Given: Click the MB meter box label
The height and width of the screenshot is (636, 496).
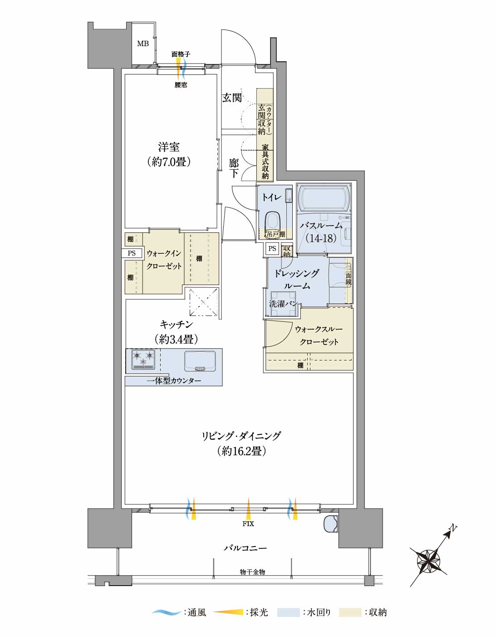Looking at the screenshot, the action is click(143, 44).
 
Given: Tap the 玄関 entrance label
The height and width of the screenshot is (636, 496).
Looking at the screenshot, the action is click(232, 98).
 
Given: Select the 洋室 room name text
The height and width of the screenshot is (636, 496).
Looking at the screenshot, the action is click(169, 147).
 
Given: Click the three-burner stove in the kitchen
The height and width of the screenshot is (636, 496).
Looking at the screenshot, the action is click(143, 359).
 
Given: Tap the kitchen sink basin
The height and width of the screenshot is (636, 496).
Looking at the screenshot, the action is click(200, 360).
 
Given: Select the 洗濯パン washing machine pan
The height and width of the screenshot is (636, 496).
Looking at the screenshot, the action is click(283, 304).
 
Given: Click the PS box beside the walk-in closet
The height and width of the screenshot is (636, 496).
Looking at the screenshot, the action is click(132, 253).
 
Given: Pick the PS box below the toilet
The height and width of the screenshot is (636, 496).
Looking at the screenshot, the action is click(272, 248).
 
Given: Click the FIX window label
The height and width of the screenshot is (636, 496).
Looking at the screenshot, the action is click(248, 523).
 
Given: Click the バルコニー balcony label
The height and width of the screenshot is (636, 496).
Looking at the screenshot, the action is click(245, 547).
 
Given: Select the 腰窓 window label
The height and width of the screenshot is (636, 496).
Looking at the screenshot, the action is click(181, 85).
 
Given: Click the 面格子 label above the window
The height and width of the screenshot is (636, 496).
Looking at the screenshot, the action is click(181, 54).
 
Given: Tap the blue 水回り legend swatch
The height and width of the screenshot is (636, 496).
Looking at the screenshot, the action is click(288, 612).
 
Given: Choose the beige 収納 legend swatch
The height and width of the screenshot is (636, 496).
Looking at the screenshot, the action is click(350, 612).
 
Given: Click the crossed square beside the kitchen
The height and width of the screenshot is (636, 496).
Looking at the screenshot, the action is click(204, 302).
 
